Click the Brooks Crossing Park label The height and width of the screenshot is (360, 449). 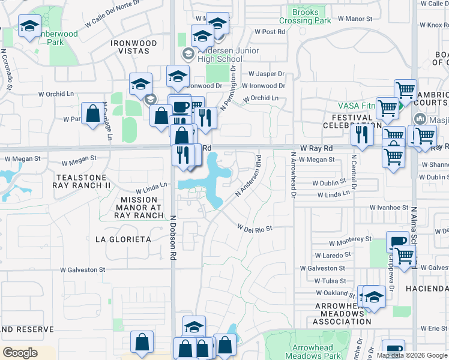(x=310, y=16)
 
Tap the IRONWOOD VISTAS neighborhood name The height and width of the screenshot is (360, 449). (x=134, y=48)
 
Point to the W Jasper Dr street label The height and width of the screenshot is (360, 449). (x=264, y=74)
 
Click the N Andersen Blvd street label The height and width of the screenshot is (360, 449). (x=249, y=176)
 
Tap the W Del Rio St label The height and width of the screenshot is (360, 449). (x=255, y=229)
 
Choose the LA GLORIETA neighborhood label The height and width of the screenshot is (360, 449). (x=123, y=239)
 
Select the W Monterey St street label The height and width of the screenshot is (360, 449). (x=350, y=239)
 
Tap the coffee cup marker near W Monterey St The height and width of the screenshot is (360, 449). (x=397, y=241)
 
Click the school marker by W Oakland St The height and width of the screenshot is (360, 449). (x=374, y=296)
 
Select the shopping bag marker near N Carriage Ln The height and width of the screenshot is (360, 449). (x=92, y=113)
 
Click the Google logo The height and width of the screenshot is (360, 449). (x=20, y=352)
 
